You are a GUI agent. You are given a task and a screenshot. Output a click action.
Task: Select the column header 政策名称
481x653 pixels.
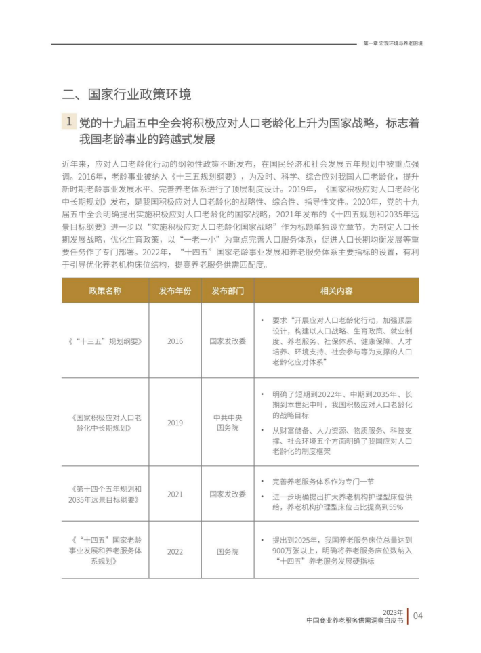coord(105,291)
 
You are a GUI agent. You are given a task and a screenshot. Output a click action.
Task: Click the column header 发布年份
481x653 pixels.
coord(175,291)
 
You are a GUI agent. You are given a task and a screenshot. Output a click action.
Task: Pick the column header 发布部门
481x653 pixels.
coord(228,291)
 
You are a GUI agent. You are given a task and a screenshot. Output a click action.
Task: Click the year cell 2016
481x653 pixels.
coord(175,341)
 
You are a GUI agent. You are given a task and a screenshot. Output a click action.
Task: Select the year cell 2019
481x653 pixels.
coord(175,422)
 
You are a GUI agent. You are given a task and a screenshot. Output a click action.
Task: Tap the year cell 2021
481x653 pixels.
coord(175,494)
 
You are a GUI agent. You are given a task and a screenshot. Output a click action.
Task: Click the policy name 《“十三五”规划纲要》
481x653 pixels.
coord(105,341)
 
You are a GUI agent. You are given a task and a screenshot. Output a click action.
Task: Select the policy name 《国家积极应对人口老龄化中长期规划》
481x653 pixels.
coord(105,422)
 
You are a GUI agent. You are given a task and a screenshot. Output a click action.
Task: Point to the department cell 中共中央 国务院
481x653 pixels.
coord(228,422)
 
